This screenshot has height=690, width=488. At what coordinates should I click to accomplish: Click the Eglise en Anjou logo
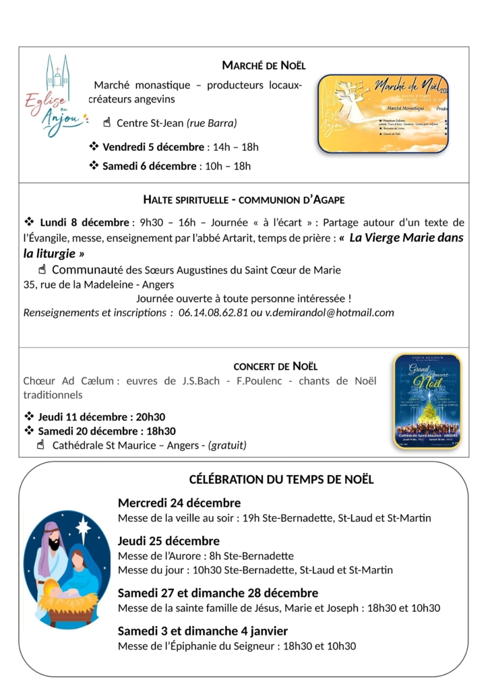(56, 96)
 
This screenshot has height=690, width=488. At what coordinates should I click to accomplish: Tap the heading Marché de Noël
(264, 65)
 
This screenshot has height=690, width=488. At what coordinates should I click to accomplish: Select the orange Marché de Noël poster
(383, 114)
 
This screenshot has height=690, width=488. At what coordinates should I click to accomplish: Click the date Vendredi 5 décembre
(153, 147)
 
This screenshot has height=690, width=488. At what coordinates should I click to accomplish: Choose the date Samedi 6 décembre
(149, 166)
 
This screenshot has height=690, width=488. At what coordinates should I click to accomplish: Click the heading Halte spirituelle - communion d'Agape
(244, 199)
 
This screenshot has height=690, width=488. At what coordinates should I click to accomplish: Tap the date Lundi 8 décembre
(84, 222)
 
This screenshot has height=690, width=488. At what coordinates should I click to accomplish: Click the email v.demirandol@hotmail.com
(330, 313)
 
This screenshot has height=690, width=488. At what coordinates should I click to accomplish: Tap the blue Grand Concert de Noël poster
(427, 402)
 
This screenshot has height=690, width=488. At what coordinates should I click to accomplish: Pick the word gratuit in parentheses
(227, 445)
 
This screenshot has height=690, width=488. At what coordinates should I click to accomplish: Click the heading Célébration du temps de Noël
(281, 480)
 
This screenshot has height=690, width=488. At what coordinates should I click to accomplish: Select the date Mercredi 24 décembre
(179, 503)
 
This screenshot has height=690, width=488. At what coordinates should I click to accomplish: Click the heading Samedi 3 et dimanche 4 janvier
(203, 631)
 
